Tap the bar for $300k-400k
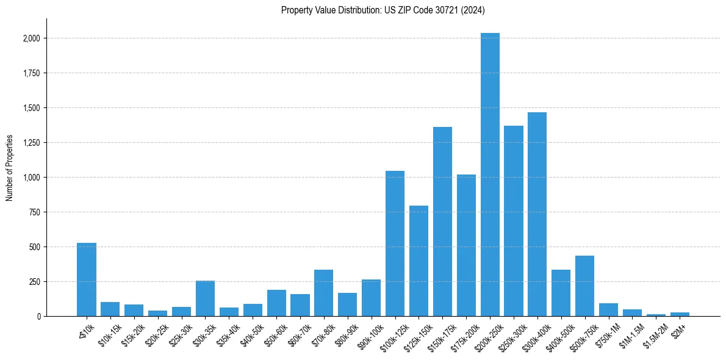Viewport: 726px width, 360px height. (537, 214)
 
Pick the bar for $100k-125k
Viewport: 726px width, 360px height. (395, 243)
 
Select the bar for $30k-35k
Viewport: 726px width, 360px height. (205, 298)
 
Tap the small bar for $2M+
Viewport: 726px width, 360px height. (680, 314)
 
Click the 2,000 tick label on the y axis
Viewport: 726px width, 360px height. (31, 38)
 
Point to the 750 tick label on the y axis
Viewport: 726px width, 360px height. (35, 212)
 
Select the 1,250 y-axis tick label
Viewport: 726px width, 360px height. (31, 143)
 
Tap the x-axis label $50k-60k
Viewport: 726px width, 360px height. (277, 333)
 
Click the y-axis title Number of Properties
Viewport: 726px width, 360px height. (10, 168)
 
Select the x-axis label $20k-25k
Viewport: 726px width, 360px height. (158, 333)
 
